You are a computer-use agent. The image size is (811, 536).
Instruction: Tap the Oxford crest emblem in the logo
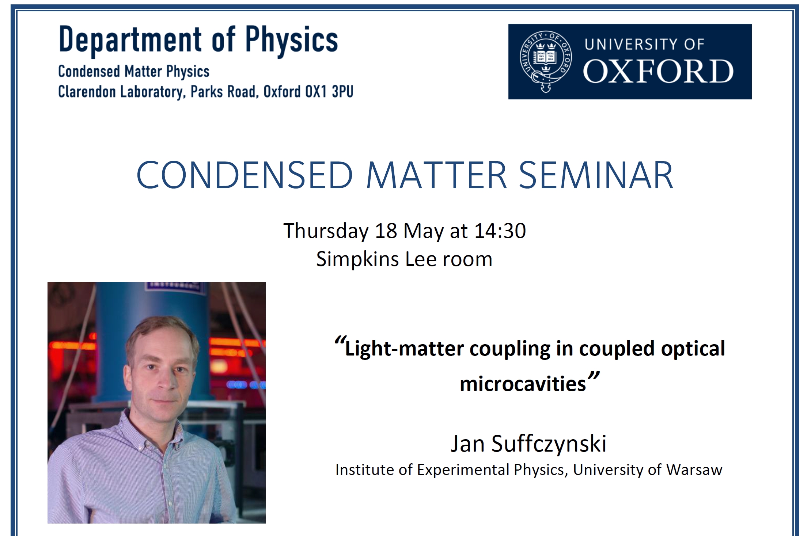click(x=546, y=61)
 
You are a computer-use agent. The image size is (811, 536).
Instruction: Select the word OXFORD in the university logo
click(x=658, y=71)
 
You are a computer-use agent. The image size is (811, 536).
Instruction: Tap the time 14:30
click(x=500, y=231)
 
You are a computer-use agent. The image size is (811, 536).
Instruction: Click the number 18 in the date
click(x=386, y=231)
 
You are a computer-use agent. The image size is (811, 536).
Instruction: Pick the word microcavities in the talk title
click(x=523, y=384)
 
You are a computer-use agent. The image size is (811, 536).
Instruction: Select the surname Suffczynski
click(x=549, y=444)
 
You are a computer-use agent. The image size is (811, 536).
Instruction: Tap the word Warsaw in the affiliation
click(x=694, y=470)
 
